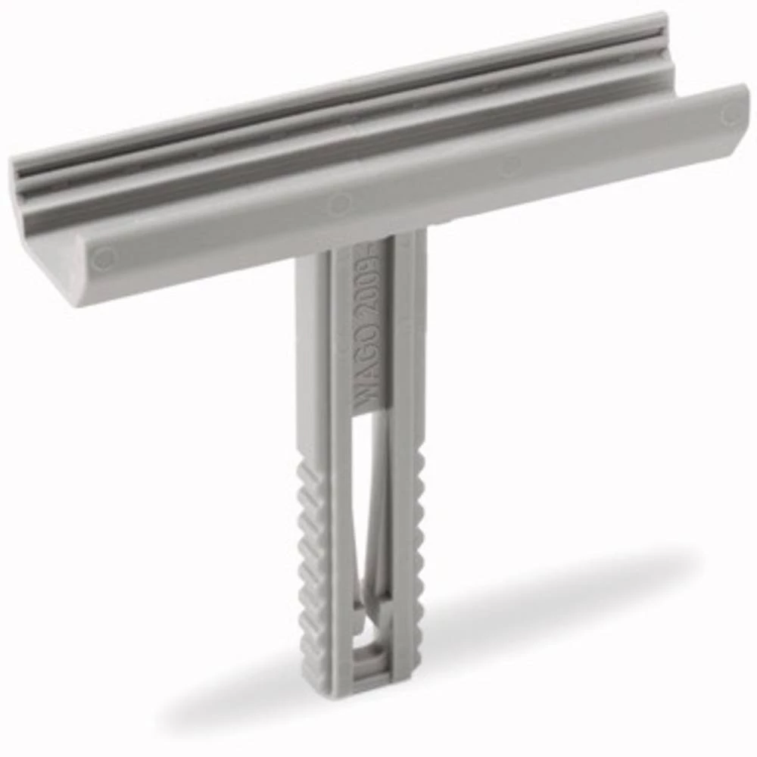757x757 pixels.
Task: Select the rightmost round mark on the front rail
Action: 728,115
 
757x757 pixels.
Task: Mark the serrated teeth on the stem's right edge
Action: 418,530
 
